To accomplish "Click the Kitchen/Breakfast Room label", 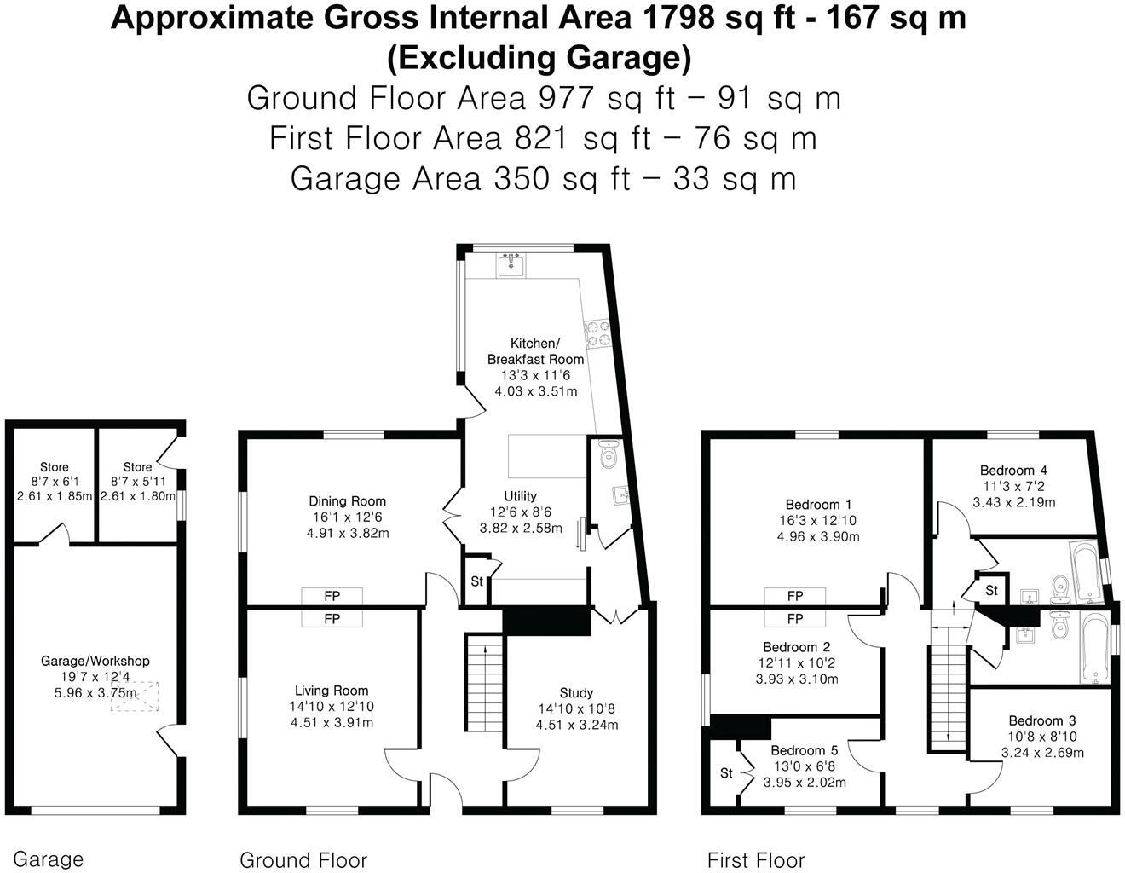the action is (535, 351).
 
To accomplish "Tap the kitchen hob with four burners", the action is (598, 334).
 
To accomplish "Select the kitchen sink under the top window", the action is (511, 265).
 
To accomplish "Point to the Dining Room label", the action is (347, 500).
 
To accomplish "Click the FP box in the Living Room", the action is (332, 618).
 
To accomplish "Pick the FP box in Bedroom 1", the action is (794, 596).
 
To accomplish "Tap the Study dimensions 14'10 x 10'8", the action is (576, 708).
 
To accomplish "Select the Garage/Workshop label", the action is (95, 661).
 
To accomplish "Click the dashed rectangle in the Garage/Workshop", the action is (135, 696).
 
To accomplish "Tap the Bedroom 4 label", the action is (1013, 470).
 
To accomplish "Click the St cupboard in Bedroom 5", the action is (726, 772).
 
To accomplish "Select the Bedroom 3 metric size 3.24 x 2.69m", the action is (1042, 752).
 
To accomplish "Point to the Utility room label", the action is (520, 496).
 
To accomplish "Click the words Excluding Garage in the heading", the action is (539, 58).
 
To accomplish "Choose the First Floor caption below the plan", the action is (756, 846).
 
